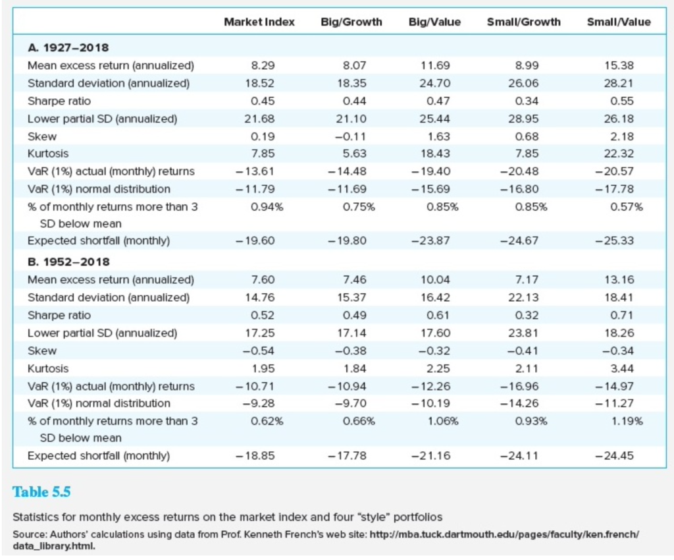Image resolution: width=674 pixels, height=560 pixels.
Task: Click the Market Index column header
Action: tap(259, 22)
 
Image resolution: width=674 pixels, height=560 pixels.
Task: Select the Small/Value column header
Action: tap(618, 22)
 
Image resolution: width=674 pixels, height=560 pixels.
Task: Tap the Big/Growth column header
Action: tap(351, 22)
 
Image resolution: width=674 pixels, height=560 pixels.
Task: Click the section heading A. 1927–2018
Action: tap(68, 47)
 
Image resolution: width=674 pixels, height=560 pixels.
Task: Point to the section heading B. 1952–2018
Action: tap(68, 262)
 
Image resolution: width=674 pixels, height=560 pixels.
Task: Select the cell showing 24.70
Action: tap(435, 83)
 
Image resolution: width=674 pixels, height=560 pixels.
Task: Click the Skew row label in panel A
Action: tap(42, 136)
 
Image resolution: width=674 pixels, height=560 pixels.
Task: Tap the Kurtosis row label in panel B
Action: tap(48, 368)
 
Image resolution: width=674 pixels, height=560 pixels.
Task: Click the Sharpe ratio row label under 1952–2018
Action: tap(59, 315)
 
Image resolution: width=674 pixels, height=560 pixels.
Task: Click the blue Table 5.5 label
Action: tap(41, 492)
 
